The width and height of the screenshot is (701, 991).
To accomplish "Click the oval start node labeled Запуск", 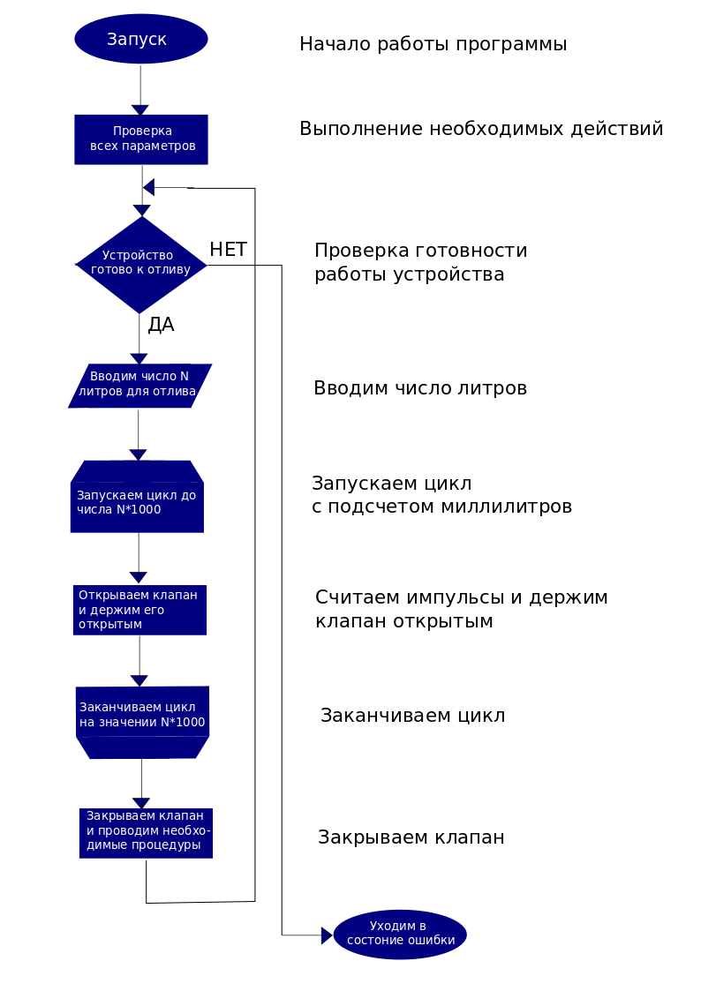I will tap(141, 39).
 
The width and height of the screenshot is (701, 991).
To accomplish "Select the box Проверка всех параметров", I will tap(141, 139).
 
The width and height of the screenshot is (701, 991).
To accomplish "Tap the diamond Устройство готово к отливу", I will tap(141, 264).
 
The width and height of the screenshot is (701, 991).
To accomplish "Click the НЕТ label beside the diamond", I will tap(228, 250).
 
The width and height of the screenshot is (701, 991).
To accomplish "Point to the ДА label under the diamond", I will tap(161, 325).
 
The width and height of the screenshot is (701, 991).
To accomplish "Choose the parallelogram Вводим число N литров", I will tap(139, 386).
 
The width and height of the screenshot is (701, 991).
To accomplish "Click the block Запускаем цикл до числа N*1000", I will tap(137, 499).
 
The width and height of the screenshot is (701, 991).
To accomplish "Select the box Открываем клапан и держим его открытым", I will tap(139, 610).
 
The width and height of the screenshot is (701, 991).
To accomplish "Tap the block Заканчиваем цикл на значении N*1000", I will tap(142, 717).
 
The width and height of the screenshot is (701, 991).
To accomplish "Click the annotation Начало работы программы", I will tap(433, 44).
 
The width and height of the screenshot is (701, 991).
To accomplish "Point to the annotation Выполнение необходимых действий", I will tap(481, 129).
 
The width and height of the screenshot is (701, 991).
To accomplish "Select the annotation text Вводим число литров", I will tap(420, 388).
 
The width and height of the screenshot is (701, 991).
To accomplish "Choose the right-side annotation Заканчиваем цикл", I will tap(412, 716).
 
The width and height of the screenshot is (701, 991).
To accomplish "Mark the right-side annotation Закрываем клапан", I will tap(411, 837).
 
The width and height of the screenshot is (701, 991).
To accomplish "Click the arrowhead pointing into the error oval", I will tap(327, 935).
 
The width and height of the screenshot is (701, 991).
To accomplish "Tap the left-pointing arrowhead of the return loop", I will tap(149, 187).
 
